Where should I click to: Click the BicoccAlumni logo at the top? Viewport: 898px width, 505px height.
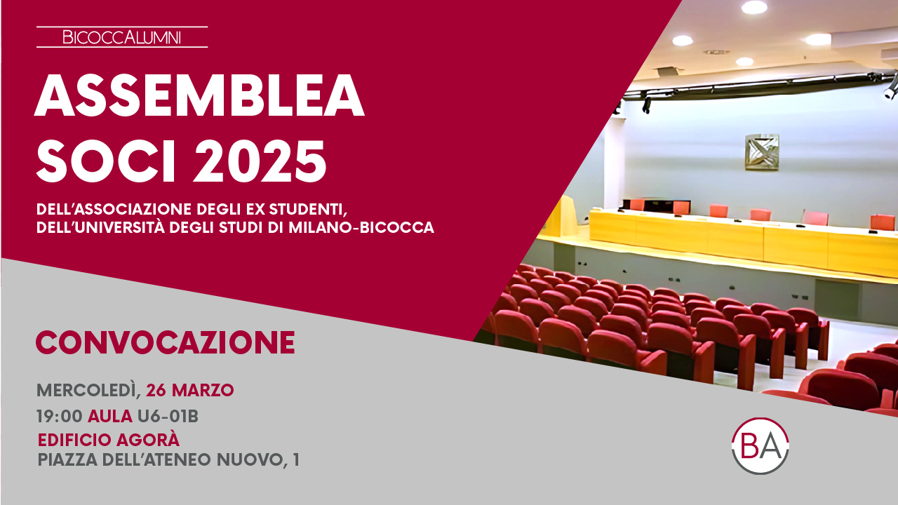[122, 37]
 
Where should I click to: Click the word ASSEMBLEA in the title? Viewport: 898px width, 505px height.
[199, 95]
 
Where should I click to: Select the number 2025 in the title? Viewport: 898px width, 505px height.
[260, 161]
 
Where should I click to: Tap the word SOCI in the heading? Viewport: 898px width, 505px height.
[106, 161]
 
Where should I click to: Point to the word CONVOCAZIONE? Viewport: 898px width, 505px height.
[166, 342]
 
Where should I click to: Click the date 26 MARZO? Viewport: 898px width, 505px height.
[189, 390]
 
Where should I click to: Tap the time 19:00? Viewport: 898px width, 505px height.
[60, 417]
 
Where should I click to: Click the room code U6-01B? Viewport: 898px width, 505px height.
[168, 417]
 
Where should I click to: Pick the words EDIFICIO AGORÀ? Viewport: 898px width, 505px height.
[108, 439]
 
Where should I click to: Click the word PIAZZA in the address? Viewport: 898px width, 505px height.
[67, 459]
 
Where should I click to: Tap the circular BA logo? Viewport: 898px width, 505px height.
[760, 445]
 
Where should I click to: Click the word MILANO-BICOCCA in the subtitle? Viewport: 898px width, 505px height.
[361, 228]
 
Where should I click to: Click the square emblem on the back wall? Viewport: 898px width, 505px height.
[762, 152]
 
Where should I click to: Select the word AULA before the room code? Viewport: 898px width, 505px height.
[110, 417]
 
